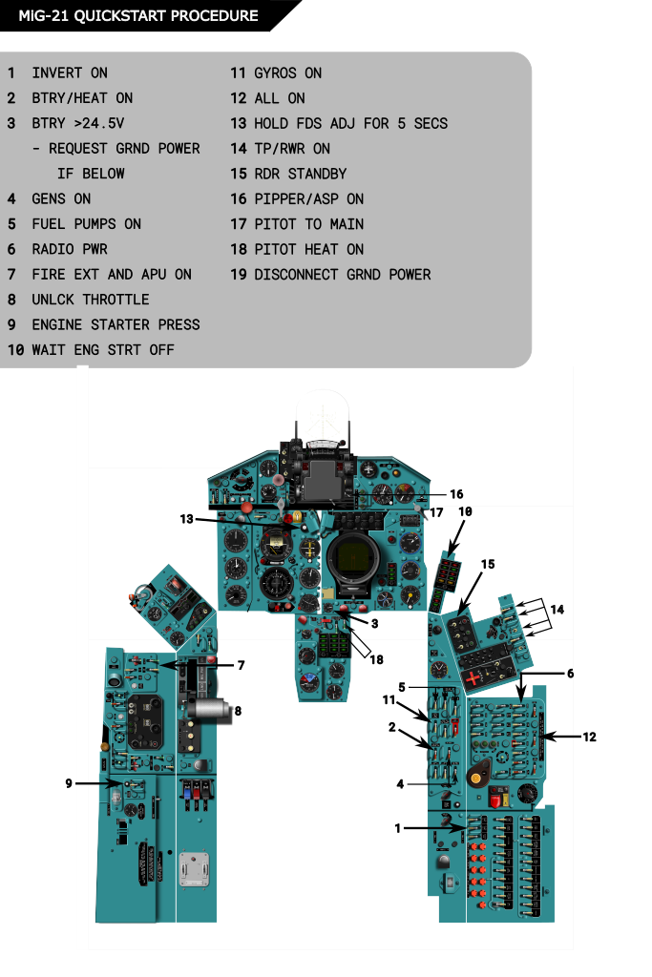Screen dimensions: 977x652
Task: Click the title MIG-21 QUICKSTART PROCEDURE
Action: pos(137,16)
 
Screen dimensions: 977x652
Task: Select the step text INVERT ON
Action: pos(70,73)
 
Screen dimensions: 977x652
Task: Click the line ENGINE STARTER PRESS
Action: pos(116,324)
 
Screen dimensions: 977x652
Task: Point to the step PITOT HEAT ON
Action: pos(308,249)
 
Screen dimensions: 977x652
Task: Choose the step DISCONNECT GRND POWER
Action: pos(342,274)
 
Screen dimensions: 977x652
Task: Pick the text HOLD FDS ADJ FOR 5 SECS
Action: pos(350,123)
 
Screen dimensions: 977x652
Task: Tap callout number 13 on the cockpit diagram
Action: pos(187,519)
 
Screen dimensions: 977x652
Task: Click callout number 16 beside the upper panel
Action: pos(456,494)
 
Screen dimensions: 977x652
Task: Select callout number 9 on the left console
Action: pos(69,783)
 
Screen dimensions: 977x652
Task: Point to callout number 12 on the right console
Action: pos(590,737)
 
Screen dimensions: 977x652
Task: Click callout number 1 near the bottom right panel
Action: pos(398,828)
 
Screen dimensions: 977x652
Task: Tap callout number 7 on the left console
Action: pos(241,665)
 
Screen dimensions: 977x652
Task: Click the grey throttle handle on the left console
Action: pos(211,710)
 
